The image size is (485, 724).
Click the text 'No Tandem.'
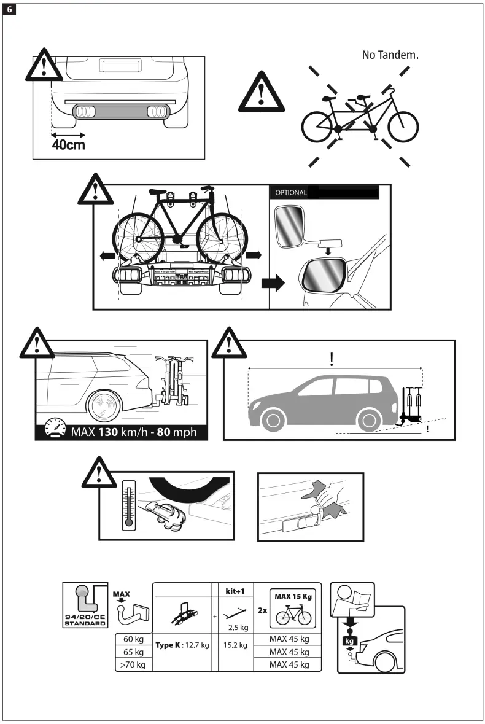(390, 55)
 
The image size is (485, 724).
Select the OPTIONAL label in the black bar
(291, 193)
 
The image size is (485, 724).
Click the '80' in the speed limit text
(164, 432)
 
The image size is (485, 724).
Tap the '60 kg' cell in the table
(133, 640)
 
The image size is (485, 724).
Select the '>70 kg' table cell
(133, 664)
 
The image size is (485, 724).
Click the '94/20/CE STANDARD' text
(85, 619)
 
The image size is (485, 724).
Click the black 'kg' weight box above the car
(349, 641)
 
